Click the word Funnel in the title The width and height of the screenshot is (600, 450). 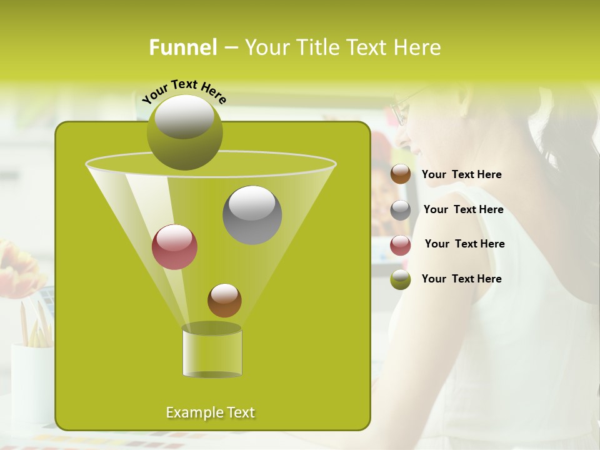[x=182, y=47]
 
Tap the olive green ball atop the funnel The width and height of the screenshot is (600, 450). [x=184, y=132]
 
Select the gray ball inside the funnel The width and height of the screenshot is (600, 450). [x=252, y=215]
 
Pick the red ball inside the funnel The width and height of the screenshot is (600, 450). [x=174, y=247]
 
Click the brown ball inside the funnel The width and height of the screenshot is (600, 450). [x=224, y=301]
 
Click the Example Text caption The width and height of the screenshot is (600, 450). [x=210, y=412]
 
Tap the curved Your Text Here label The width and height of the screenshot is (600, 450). [x=184, y=91]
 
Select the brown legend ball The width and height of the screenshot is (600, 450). [x=401, y=174]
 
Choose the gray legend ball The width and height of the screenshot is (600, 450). [x=401, y=210]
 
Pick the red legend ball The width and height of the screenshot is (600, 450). [x=401, y=245]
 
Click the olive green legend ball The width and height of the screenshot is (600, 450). [x=401, y=279]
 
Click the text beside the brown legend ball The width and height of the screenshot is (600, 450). [x=461, y=175]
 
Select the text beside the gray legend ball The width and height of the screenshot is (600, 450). [x=463, y=210]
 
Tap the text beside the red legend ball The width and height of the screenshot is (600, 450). [x=464, y=244]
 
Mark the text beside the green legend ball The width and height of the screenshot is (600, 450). [x=461, y=279]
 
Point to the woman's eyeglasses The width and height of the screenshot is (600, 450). [x=401, y=110]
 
